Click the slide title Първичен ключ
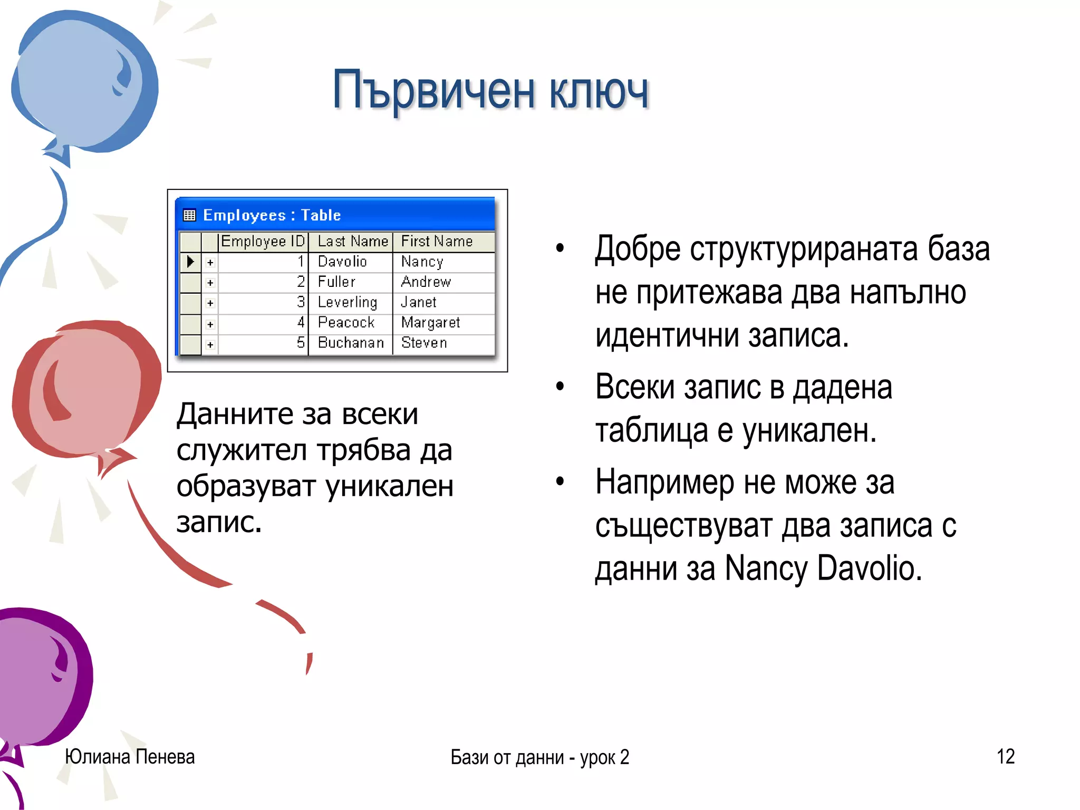coord(490,91)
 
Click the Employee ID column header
coord(263,242)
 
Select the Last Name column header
coord(352,242)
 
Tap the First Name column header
coord(437,242)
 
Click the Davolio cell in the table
coord(342,262)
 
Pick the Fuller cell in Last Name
coord(336,282)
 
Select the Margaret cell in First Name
coord(430,322)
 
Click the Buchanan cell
coord(351,343)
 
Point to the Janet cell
coord(419,302)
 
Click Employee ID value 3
coord(301,302)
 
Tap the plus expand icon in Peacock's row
coord(210,324)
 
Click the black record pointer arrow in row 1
coord(190,262)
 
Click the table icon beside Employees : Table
coord(189,215)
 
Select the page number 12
coord(1005,756)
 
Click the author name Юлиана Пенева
coord(130,757)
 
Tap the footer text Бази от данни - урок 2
coord(539,757)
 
